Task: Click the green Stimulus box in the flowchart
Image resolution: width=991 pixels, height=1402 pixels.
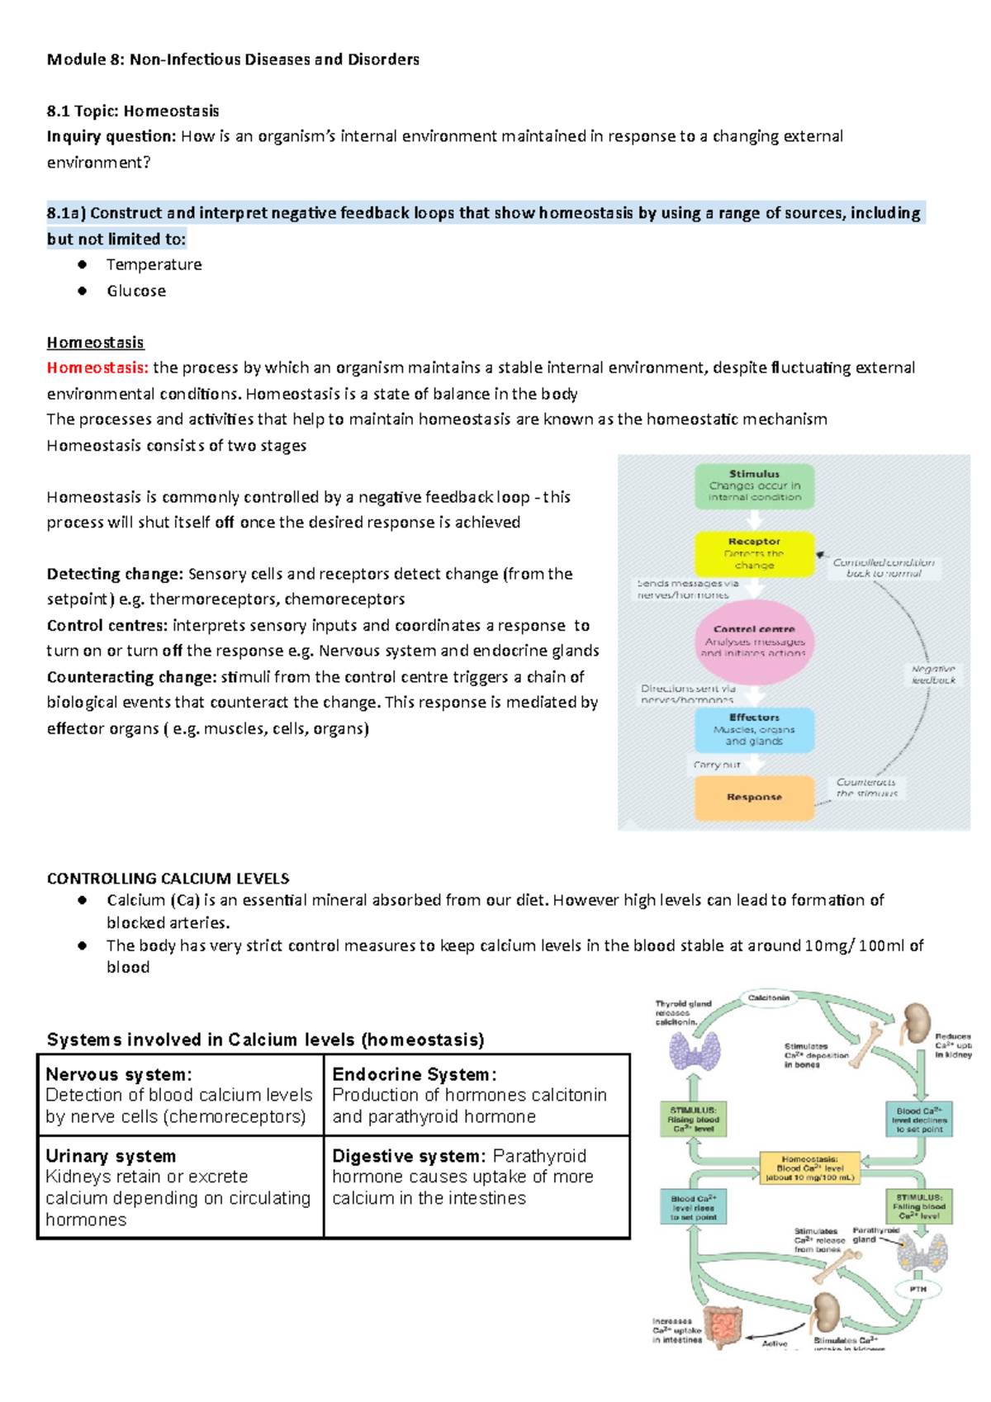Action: pyautogui.click(x=754, y=485)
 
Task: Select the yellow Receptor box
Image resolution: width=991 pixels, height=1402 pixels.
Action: pyautogui.click(x=754, y=553)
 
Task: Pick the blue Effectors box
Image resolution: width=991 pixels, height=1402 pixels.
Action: pyautogui.click(x=754, y=729)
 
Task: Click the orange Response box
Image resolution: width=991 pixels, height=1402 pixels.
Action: pyautogui.click(x=754, y=797)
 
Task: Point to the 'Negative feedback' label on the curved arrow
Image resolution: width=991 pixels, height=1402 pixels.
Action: pyautogui.click(x=933, y=675)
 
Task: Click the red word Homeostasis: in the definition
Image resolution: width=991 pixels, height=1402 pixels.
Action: pyautogui.click(x=97, y=367)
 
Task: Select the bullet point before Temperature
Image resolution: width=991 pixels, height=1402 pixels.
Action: pyautogui.click(x=82, y=264)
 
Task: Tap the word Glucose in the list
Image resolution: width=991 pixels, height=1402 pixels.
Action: pyautogui.click(x=136, y=291)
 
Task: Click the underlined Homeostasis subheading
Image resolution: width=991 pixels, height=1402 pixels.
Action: pyautogui.click(x=95, y=342)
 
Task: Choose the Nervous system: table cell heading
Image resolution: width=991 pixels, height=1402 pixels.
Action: pyautogui.click(x=118, y=1074)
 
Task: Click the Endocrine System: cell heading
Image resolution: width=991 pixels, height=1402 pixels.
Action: pyautogui.click(x=414, y=1074)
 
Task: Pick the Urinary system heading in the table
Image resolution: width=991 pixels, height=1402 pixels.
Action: pyautogui.click(x=111, y=1156)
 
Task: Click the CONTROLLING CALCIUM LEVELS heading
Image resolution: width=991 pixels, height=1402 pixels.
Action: pyautogui.click(x=168, y=879)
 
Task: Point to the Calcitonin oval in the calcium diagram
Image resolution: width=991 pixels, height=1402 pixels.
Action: pyautogui.click(x=769, y=998)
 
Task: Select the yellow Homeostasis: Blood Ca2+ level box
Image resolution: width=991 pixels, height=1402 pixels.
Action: pyautogui.click(x=809, y=1168)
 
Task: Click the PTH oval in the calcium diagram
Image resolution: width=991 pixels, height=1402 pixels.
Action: pyautogui.click(x=918, y=1289)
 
